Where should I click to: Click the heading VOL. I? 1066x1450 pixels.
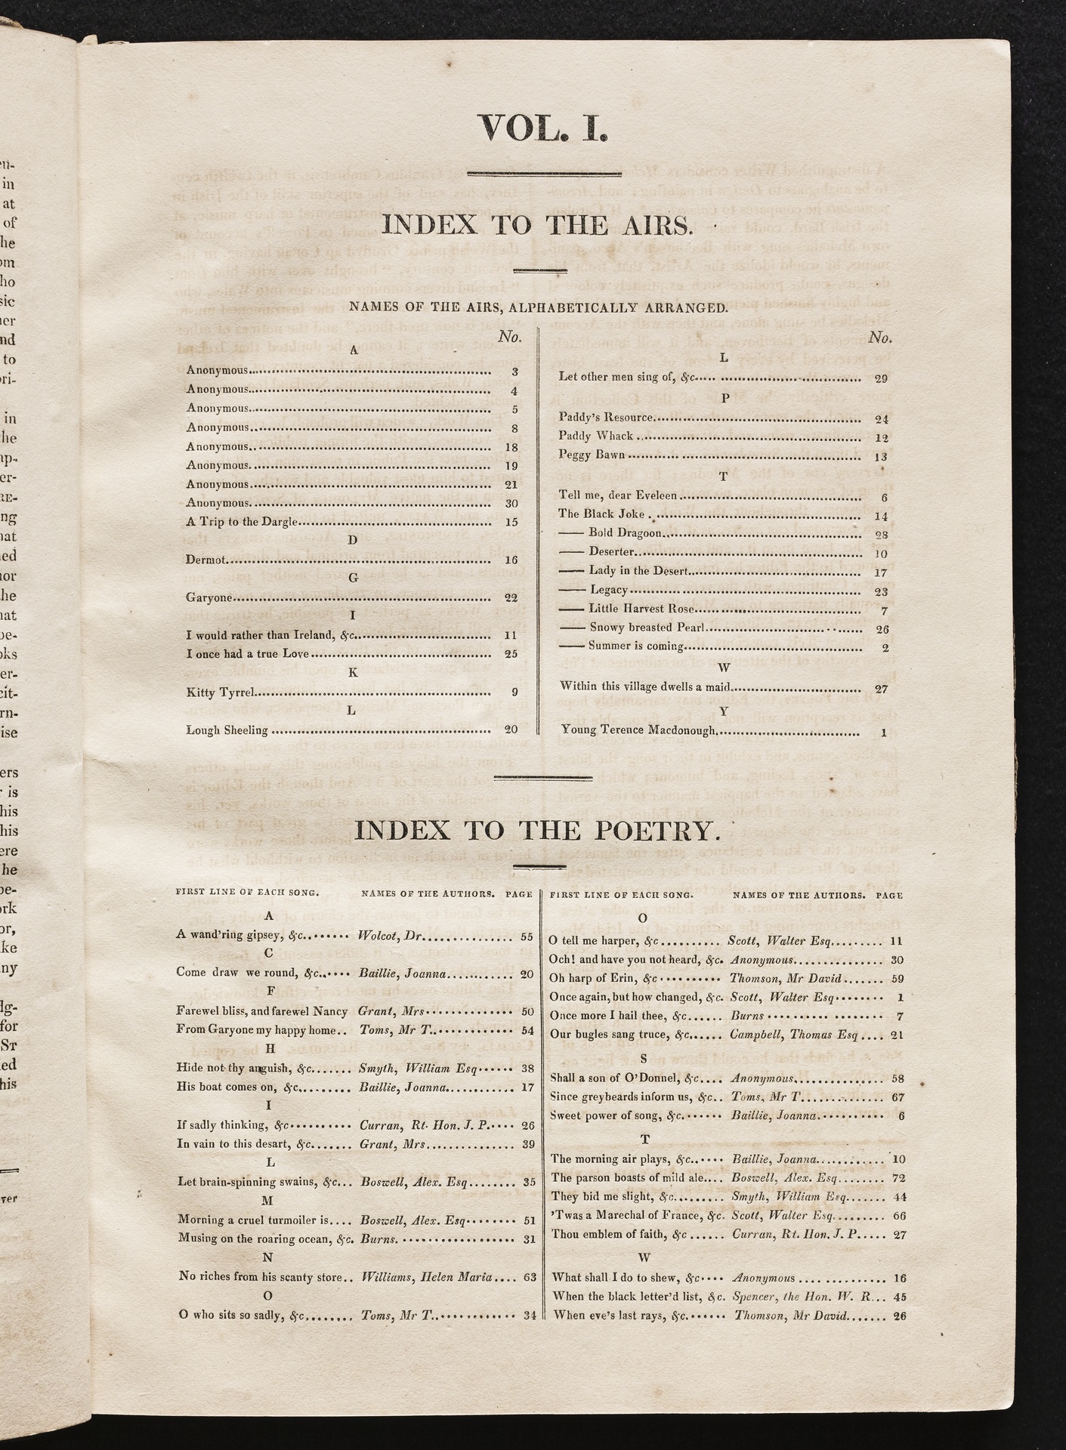pos(542,127)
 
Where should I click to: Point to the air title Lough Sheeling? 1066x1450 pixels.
pos(227,730)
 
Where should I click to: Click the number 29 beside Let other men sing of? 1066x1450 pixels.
pos(880,377)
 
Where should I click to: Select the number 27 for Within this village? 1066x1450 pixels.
pos(880,688)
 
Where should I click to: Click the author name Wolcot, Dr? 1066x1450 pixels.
pos(391,936)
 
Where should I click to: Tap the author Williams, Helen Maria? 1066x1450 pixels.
pos(427,1277)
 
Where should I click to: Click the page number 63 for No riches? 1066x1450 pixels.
pos(529,1277)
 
